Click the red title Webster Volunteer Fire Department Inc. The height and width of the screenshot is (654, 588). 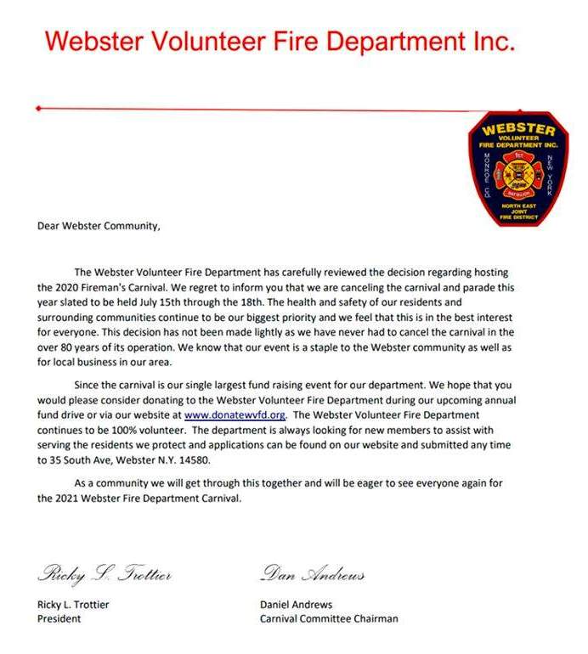click(x=280, y=40)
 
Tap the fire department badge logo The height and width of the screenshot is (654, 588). click(x=517, y=169)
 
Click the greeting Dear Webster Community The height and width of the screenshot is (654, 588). click(x=98, y=226)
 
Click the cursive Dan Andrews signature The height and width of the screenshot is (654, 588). click(x=312, y=575)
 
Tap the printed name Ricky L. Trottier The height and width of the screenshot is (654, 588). click(x=73, y=605)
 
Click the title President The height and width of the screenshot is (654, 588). click(x=59, y=619)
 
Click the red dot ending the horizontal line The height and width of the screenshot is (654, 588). click(x=38, y=109)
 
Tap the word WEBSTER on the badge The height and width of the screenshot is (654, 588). click(x=517, y=131)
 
